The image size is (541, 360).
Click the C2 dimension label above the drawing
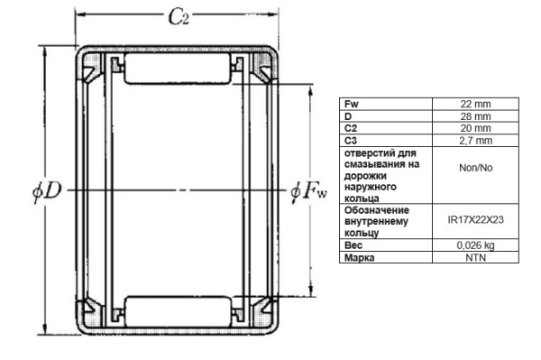point(179,17)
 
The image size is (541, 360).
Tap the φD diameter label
point(47,191)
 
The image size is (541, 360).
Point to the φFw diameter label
point(308,190)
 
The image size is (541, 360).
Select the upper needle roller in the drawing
point(178,69)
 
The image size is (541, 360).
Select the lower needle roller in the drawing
point(178,311)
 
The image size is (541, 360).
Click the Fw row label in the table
point(352,104)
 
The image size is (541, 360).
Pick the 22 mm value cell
point(475,104)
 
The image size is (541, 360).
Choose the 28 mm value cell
point(475,116)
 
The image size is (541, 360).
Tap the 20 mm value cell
point(475,128)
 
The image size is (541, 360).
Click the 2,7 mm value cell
point(475,141)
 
